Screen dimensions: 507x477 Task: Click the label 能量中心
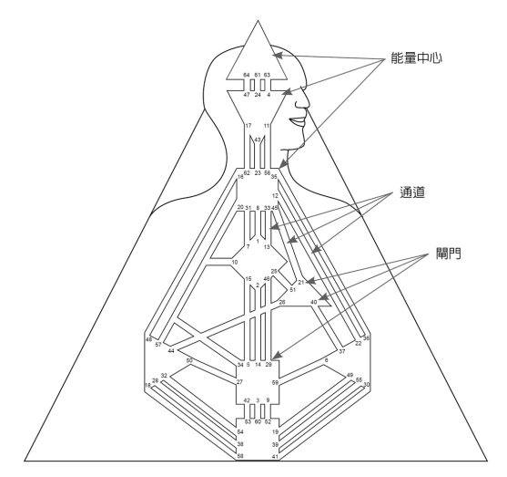(x=416, y=58)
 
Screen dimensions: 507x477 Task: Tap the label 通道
(x=412, y=192)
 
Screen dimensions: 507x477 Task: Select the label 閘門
(x=449, y=253)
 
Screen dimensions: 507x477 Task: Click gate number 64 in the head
(x=247, y=75)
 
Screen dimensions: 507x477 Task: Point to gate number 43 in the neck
(x=258, y=140)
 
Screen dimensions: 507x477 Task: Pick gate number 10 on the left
(x=235, y=262)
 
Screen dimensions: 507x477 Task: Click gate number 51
(x=292, y=290)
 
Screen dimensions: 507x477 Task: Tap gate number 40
(x=314, y=302)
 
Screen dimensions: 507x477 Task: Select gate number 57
(x=158, y=345)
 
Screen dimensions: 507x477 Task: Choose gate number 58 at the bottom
(x=240, y=456)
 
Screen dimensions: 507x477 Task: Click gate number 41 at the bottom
(x=275, y=456)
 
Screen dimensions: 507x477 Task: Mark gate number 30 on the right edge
(x=366, y=384)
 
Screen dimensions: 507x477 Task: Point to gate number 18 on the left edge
(x=147, y=385)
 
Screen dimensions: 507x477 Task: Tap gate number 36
(x=366, y=338)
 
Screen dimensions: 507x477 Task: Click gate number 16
(x=240, y=177)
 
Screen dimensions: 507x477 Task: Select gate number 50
(x=190, y=360)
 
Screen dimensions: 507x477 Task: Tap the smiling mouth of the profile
(x=299, y=121)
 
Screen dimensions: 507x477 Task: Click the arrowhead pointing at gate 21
(x=309, y=281)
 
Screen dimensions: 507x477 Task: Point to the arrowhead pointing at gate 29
(x=278, y=356)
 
